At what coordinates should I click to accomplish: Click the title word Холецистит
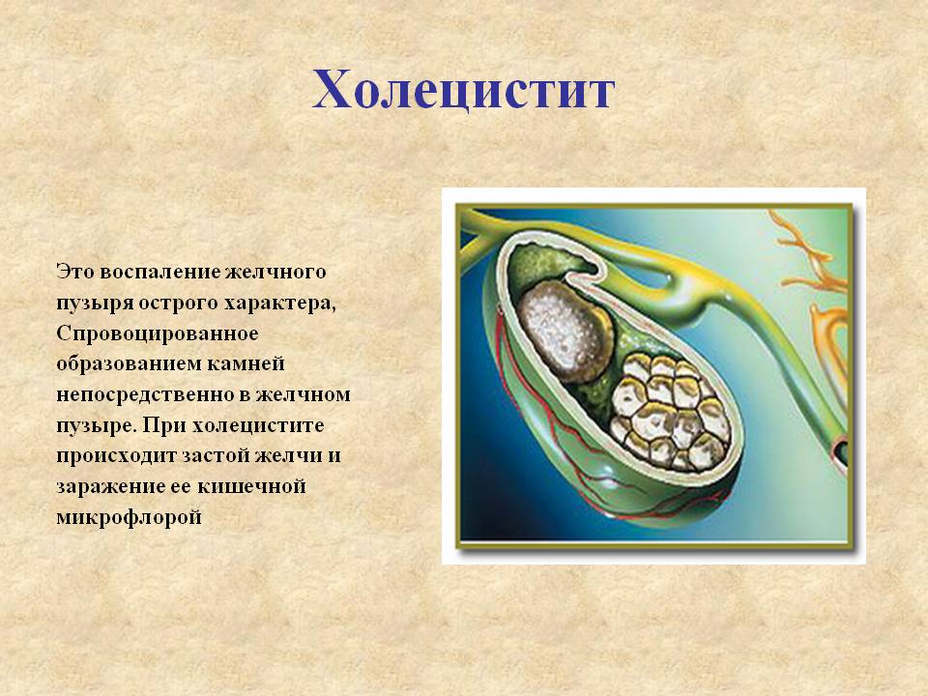pyautogui.click(x=463, y=91)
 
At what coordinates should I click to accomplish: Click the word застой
pyautogui.click(x=211, y=456)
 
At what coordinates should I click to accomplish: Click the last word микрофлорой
pyautogui.click(x=129, y=518)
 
